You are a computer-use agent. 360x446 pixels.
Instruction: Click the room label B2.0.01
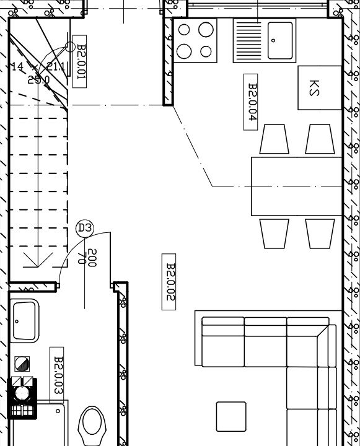(79, 61)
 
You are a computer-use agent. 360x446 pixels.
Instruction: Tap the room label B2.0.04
(251, 102)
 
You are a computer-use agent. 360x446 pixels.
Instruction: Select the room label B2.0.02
(169, 282)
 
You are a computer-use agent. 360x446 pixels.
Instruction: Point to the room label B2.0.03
(57, 375)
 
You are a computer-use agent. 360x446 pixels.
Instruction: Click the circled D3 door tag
(85, 228)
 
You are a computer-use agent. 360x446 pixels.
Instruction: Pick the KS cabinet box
(320, 87)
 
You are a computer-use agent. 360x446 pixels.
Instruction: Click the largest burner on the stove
(206, 30)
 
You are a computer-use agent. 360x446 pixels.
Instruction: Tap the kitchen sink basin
(280, 40)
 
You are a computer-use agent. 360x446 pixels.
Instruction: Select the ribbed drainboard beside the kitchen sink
(247, 41)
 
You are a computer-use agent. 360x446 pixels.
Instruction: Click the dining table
(297, 186)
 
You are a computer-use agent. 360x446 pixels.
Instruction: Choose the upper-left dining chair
(274, 139)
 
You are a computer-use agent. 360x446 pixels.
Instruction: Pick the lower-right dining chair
(320, 234)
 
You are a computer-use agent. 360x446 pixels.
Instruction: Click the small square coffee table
(231, 416)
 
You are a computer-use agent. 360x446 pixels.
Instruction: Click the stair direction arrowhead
(38, 260)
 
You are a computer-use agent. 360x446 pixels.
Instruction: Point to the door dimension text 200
(92, 258)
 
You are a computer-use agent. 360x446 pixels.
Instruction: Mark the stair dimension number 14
(17, 66)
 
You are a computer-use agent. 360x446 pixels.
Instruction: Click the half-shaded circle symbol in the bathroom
(22, 364)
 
